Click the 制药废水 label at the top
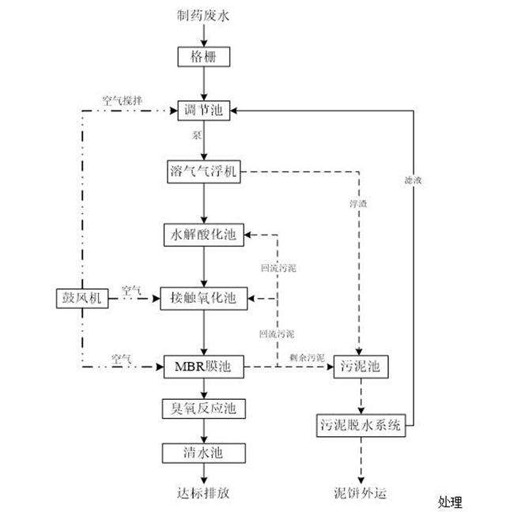[204, 15]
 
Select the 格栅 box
[204, 57]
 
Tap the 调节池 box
[204, 110]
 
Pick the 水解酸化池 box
[204, 235]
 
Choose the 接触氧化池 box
[204, 299]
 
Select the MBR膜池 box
[204, 367]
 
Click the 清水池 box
[204, 452]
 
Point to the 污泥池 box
[361, 367]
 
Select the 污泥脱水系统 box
[361, 425]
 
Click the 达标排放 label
[204, 493]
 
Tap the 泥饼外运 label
[361, 493]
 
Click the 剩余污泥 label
[304, 358]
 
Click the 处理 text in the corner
[451, 502]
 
